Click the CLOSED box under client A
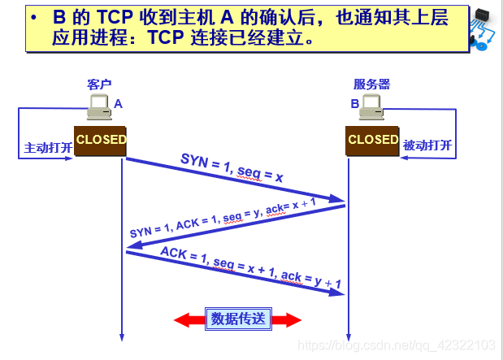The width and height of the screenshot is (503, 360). click(x=101, y=140)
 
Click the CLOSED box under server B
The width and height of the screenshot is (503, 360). click(x=373, y=140)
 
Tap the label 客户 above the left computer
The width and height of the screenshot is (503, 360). click(x=98, y=85)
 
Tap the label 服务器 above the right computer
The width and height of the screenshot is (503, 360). click(x=371, y=85)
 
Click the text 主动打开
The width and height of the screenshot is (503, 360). click(x=48, y=148)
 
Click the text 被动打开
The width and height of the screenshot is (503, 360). click(x=427, y=146)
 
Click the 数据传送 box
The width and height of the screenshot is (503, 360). click(x=237, y=319)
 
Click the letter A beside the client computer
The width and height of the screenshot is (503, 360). click(x=118, y=104)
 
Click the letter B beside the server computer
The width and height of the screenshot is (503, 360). click(x=354, y=104)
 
